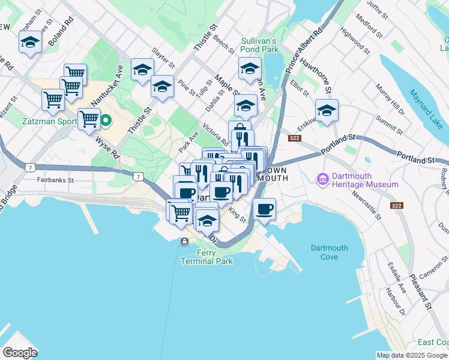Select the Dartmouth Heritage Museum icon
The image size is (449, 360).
tap(323, 179)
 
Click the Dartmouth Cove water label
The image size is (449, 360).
tap(329, 253)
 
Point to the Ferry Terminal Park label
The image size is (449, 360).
tap(206, 257)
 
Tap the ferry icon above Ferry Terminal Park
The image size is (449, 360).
tap(184, 241)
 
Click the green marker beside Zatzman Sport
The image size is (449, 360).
tap(106, 121)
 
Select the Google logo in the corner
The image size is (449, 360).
tap(20, 352)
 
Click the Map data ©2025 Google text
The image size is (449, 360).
tap(412, 355)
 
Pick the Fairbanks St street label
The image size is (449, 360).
tap(55, 179)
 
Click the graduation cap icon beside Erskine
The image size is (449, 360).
tap(327, 110)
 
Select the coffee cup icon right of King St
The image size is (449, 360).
tap(264, 209)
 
